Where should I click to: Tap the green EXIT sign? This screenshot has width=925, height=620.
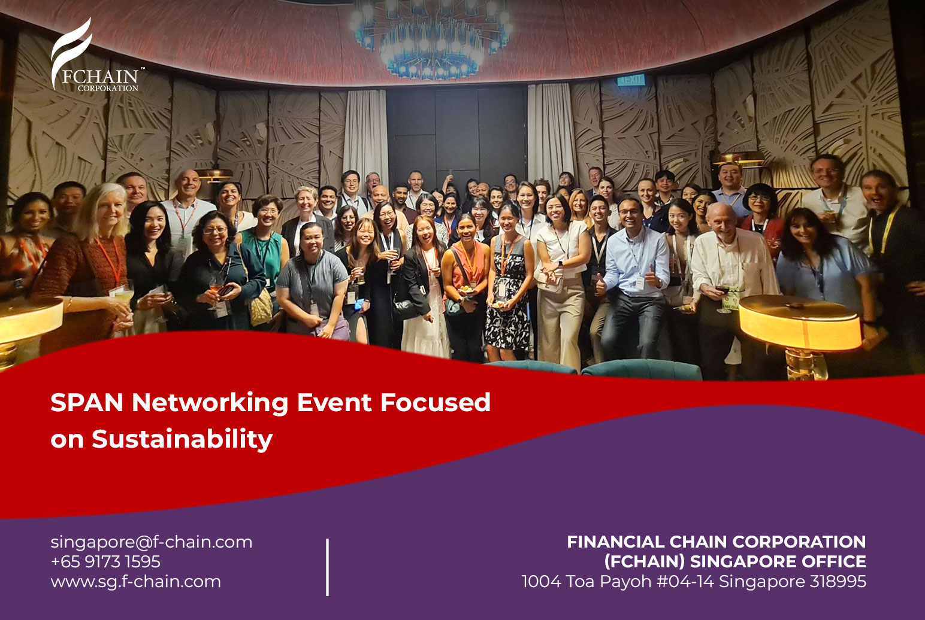pos(631,80)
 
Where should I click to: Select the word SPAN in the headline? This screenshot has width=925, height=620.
pos(87,402)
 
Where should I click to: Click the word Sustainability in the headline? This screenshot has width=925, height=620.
pos(182,439)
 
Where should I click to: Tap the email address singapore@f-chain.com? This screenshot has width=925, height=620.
pos(151,542)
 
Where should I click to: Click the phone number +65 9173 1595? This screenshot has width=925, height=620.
pos(105,561)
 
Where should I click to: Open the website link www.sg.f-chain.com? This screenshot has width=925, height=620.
pos(135,581)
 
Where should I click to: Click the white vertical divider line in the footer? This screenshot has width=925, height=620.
pos(328,567)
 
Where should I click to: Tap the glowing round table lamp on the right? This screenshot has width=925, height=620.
pos(800,323)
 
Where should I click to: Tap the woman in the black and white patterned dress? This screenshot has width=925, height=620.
pos(507,281)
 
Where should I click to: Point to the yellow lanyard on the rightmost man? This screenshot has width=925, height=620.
pos(886,229)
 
